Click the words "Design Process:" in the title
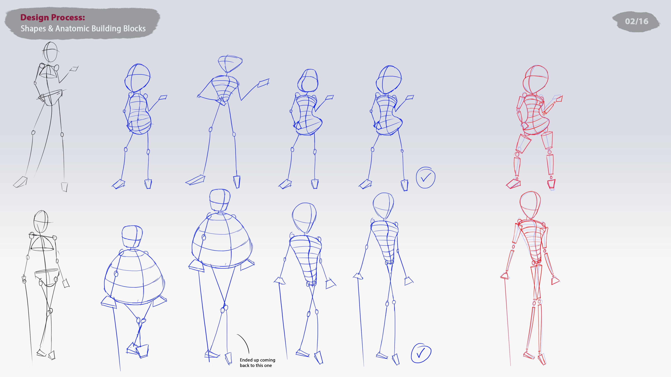(53, 17)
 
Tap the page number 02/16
(636, 21)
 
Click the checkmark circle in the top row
(425, 178)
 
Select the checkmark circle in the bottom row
(421, 353)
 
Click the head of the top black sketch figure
(50, 52)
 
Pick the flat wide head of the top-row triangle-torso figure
(230, 63)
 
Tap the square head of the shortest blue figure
(132, 237)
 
